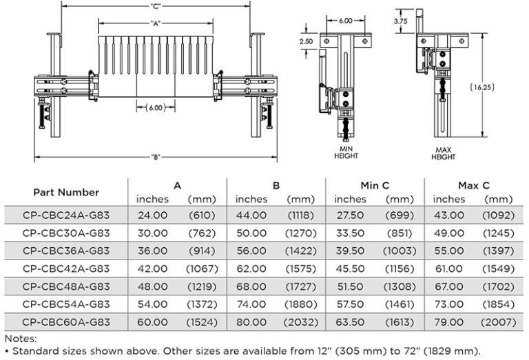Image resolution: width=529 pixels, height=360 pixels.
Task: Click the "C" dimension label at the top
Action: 156,6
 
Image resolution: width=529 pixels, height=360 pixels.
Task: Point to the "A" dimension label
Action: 155,23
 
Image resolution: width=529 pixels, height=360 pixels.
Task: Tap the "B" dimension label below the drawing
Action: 156,157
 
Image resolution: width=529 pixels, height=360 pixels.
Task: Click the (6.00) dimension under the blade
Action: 156,108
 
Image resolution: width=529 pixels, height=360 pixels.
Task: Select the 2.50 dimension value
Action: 306,41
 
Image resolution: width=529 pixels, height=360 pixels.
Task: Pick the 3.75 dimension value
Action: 400,21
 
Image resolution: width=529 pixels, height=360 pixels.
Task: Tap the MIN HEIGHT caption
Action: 346,152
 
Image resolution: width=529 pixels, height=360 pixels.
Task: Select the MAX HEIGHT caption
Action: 444,153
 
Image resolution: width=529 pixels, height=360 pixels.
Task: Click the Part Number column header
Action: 66,193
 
